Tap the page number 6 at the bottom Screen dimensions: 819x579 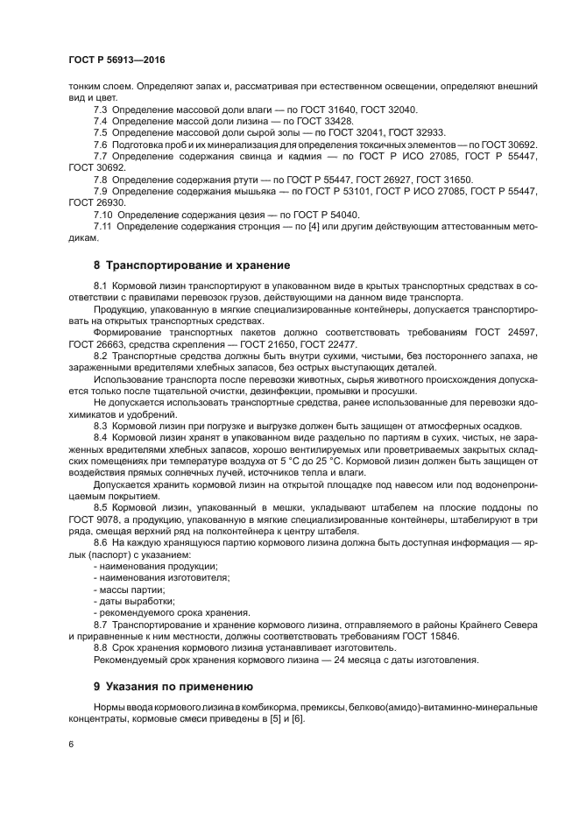pyautogui.click(x=70, y=744)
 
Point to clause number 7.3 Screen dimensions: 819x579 pyautogui.click(x=100, y=109)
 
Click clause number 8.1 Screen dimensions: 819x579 pyautogui.click(x=100, y=286)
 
